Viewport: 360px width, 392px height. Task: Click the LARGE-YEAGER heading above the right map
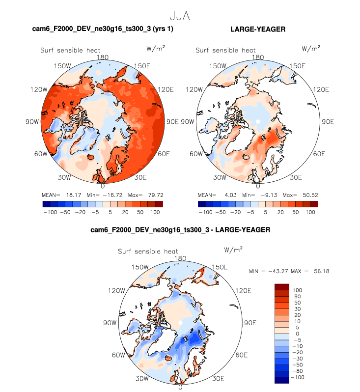point(258,30)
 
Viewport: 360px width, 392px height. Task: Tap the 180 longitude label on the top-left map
point(103,57)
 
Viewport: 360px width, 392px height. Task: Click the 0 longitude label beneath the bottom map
point(181,387)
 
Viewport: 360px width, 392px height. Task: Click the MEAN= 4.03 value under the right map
point(212,195)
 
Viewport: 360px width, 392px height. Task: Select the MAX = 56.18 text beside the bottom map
point(300,271)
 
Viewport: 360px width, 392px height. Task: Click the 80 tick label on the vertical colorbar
point(298,296)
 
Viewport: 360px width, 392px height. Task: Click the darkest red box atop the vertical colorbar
point(283,287)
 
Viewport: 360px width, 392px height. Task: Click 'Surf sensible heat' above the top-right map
point(225,50)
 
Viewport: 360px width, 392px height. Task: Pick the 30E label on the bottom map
point(219,378)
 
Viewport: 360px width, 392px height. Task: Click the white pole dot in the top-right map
point(258,121)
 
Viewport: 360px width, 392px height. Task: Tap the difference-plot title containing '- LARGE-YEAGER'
point(181,229)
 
